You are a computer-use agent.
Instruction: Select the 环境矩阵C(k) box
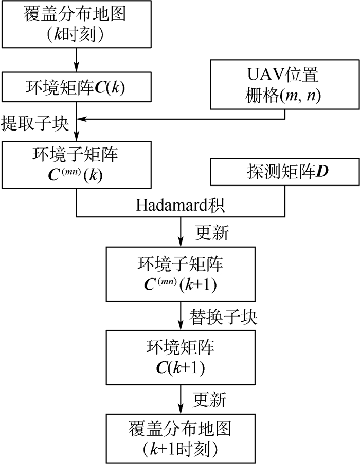pyautogui.click(x=77, y=88)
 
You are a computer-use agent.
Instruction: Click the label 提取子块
pyautogui.click(x=34, y=123)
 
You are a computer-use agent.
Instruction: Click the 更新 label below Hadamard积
pyautogui.click(x=212, y=233)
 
